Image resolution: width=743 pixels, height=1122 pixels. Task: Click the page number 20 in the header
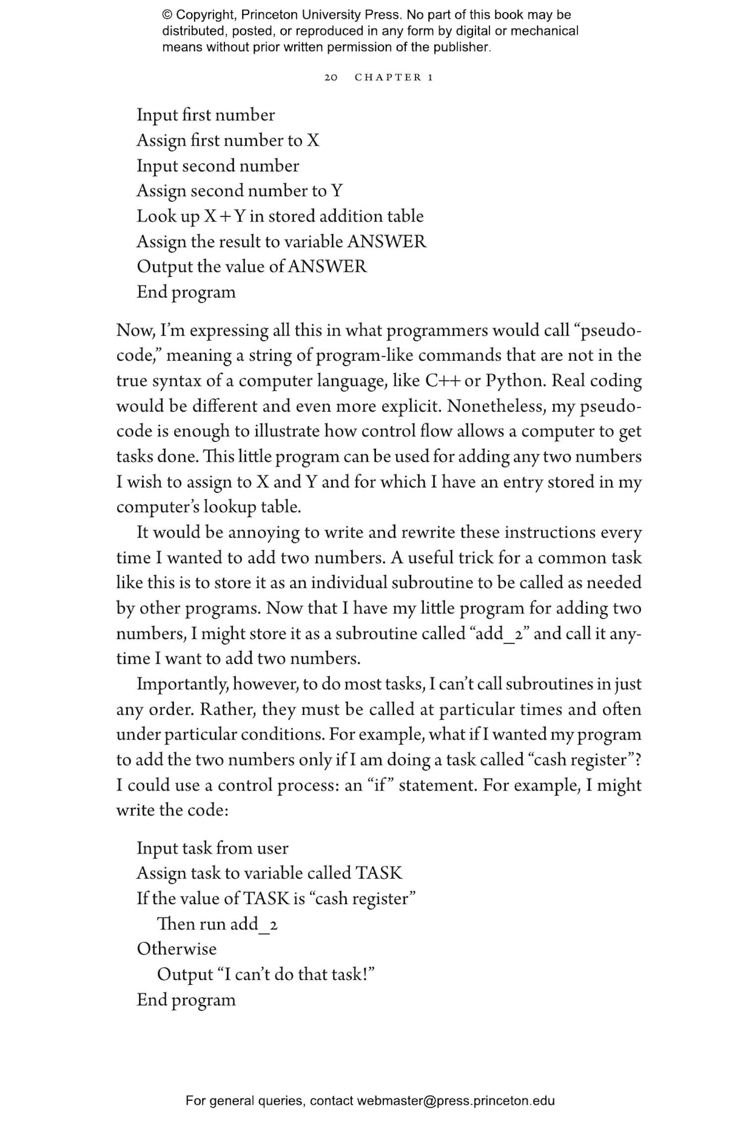click(331, 78)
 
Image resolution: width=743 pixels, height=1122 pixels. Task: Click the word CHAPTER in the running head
click(388, 78)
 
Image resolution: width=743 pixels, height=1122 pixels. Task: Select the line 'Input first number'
click(206, 115)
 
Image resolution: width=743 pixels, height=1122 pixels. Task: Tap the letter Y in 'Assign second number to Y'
click(337, 191)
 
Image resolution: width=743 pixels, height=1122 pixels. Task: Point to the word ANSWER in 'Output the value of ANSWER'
click(327, 267)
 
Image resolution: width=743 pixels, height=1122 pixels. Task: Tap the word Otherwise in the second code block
click(177, 949)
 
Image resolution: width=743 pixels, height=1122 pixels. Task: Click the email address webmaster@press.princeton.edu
click(455, 1101)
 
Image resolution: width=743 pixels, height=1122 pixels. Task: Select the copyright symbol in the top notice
click(166, 15)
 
